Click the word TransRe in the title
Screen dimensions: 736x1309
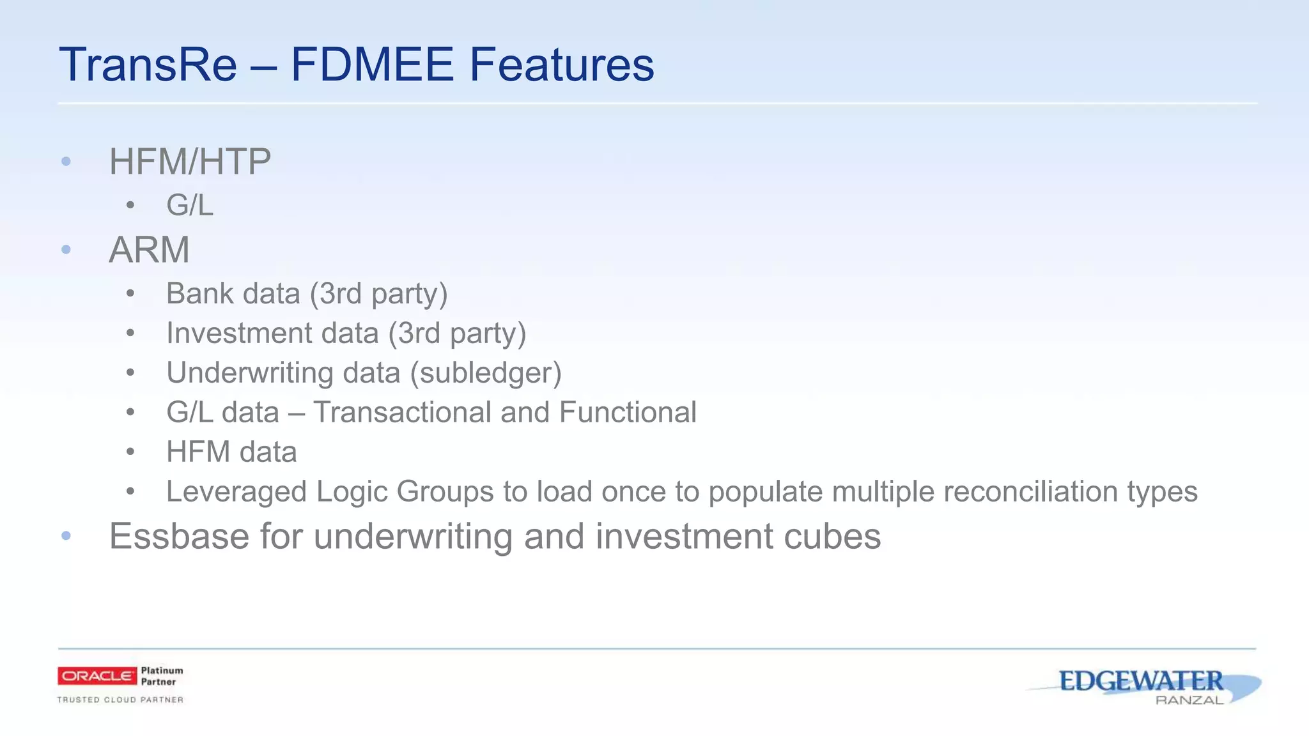click(148, 65)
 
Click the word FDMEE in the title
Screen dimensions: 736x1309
click(372, 65)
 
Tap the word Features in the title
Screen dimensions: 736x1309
click(562, 65)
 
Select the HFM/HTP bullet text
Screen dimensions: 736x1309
click(190, 162)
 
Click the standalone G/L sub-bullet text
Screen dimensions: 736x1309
click(189, 206)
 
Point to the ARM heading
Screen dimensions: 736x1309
click(149, 250)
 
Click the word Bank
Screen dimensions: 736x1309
click(198, 294)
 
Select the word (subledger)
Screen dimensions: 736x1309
click(486, 373)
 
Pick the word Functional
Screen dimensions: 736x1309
click(627, 413)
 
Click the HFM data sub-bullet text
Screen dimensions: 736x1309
click(231, 452)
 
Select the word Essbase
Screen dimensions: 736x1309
click(178, 536)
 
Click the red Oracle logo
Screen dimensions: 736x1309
click(97, 676)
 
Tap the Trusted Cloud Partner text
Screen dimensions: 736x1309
click(120, 700)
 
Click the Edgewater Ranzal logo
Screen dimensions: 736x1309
click(1144, 685)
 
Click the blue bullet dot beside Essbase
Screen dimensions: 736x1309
click(66, 536)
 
